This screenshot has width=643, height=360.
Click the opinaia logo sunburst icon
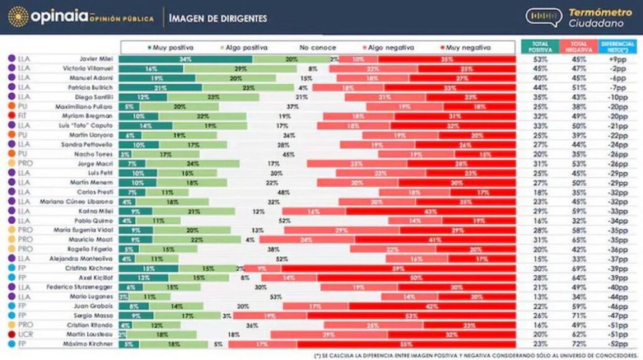pos(18,17)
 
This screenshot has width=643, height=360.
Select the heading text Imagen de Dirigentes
pos(218,18)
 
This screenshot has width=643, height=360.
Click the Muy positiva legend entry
pos(170,48)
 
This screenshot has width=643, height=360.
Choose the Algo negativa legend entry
pos(383,48)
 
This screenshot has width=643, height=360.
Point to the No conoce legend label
pos(318,48)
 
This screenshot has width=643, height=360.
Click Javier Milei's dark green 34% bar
pos(185,58)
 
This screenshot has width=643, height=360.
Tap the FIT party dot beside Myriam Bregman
pos(11,116)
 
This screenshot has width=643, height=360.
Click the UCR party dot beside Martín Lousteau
pos(11,334)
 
